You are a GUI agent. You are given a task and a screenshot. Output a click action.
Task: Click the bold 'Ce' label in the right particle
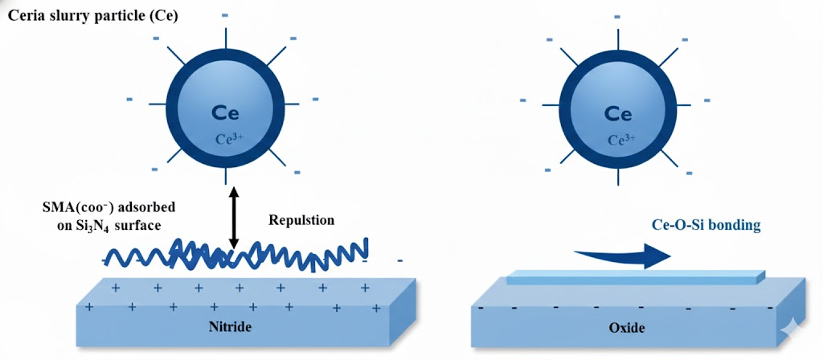(x=617, y=113)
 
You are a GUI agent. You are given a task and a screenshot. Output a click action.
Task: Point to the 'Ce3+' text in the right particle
(x=617, y=139)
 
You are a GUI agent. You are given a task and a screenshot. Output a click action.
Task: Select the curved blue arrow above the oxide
(x=623, y=256)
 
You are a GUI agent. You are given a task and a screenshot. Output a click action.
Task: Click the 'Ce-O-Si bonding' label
(x=706, y=225)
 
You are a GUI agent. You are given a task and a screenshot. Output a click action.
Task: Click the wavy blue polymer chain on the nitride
(x=241, y=255)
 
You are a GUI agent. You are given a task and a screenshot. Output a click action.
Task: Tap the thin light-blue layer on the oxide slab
(x=635, y=278)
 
